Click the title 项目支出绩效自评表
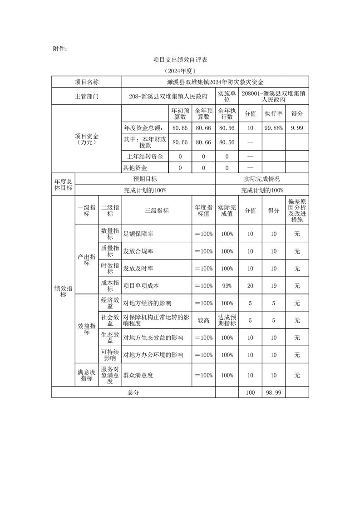(180, 59)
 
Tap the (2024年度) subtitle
(180, 71)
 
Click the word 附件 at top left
(60, 48)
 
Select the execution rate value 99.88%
(274, 128)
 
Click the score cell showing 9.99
(297, 128)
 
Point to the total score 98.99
(274, 392)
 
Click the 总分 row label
(133, 392)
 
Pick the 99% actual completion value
(227, 286)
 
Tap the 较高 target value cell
(203, 320)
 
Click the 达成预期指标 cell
(227, 320)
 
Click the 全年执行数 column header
(227, 113)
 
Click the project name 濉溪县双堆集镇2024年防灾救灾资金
(215, 82)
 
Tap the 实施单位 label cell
(227, 96)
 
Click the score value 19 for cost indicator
(274, 286)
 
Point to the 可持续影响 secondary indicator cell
(110, 355)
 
